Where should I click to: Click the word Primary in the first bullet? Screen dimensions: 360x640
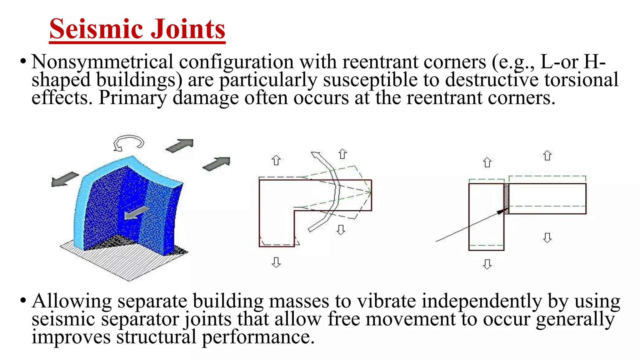pyautogui.click(x=133, y=98)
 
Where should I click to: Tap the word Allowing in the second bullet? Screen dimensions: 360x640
pyautogui.click(x=72, y=301)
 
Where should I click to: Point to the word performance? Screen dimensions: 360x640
pyautogui.click(x=258, y=337)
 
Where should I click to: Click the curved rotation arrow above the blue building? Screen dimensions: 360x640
pyautogui.click(x=128, y=142)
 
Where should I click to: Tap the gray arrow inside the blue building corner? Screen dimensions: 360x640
pyautogui.click(x=136, y=213)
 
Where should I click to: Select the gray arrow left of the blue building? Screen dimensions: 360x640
pyautogui.click(x=64, y=179)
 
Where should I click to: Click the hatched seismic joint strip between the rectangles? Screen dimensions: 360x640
pyautogui.click(x=507, y=199)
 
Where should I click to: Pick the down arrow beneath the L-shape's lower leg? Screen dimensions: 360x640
pyautogui.click(x=276, y=262)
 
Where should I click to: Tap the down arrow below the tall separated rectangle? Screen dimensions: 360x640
pyautogui.click(x=487, y=264)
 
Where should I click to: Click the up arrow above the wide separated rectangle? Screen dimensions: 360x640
pyautogui.click(x=547, y=156)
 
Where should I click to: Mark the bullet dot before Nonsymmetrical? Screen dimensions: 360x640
pyautogui.click(x=23, y=62)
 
